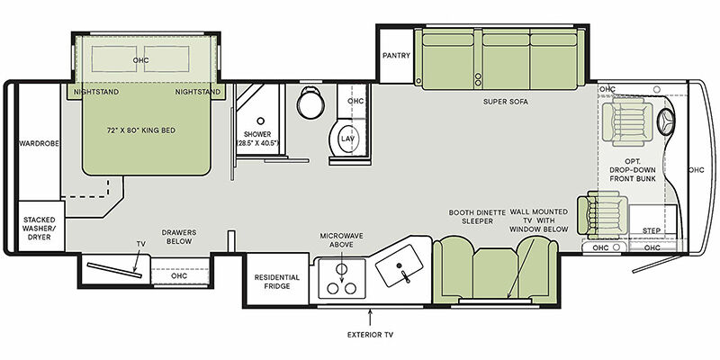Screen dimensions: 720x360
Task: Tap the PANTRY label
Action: click(x=396, y=56)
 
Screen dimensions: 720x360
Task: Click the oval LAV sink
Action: click(x=348, y=139)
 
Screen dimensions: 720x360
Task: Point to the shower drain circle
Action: click(x=260, y=121)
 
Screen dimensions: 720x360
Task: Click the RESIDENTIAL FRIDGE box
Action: click(x=276, y=279)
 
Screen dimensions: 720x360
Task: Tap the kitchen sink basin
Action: click(x=399, y=265)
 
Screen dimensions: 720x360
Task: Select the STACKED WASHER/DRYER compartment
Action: click(x=40, y=227)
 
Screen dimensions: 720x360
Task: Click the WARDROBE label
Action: click(x=40, y=143)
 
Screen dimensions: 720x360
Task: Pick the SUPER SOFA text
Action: click(x=506, y=102)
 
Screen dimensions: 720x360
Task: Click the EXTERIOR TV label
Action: click(x=370, y=335)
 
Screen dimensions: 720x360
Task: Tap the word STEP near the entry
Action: click(x=651, y=231)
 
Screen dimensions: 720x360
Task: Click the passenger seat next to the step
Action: click(x=602, y=215)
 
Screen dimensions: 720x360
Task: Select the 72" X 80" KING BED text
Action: click(x=141, y=130)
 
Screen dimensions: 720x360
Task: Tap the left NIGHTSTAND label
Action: click(x=96, y=92)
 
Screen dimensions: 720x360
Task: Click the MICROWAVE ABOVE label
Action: click(x=342, y=240)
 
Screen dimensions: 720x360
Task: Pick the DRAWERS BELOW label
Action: click(x=179, y=237)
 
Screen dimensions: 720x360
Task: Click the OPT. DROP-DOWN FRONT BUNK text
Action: click(x=633, y=170)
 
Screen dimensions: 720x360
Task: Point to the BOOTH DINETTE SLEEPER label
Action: click(x=477, y=217)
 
